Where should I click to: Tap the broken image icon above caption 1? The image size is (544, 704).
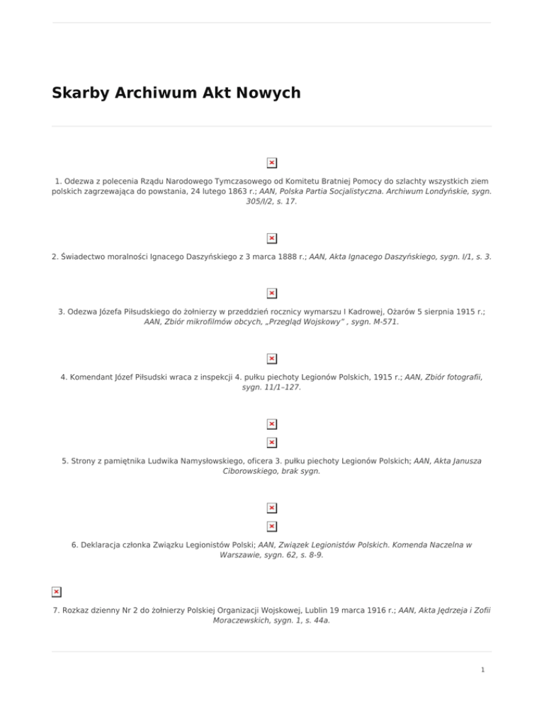[x=272, y=163]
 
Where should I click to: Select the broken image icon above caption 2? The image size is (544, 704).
[x=272, y=238]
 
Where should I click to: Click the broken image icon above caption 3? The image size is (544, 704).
[x=272, y=293]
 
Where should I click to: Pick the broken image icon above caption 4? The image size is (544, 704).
[x=272, y=358]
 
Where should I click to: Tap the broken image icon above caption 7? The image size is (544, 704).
[x=56, y=591]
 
